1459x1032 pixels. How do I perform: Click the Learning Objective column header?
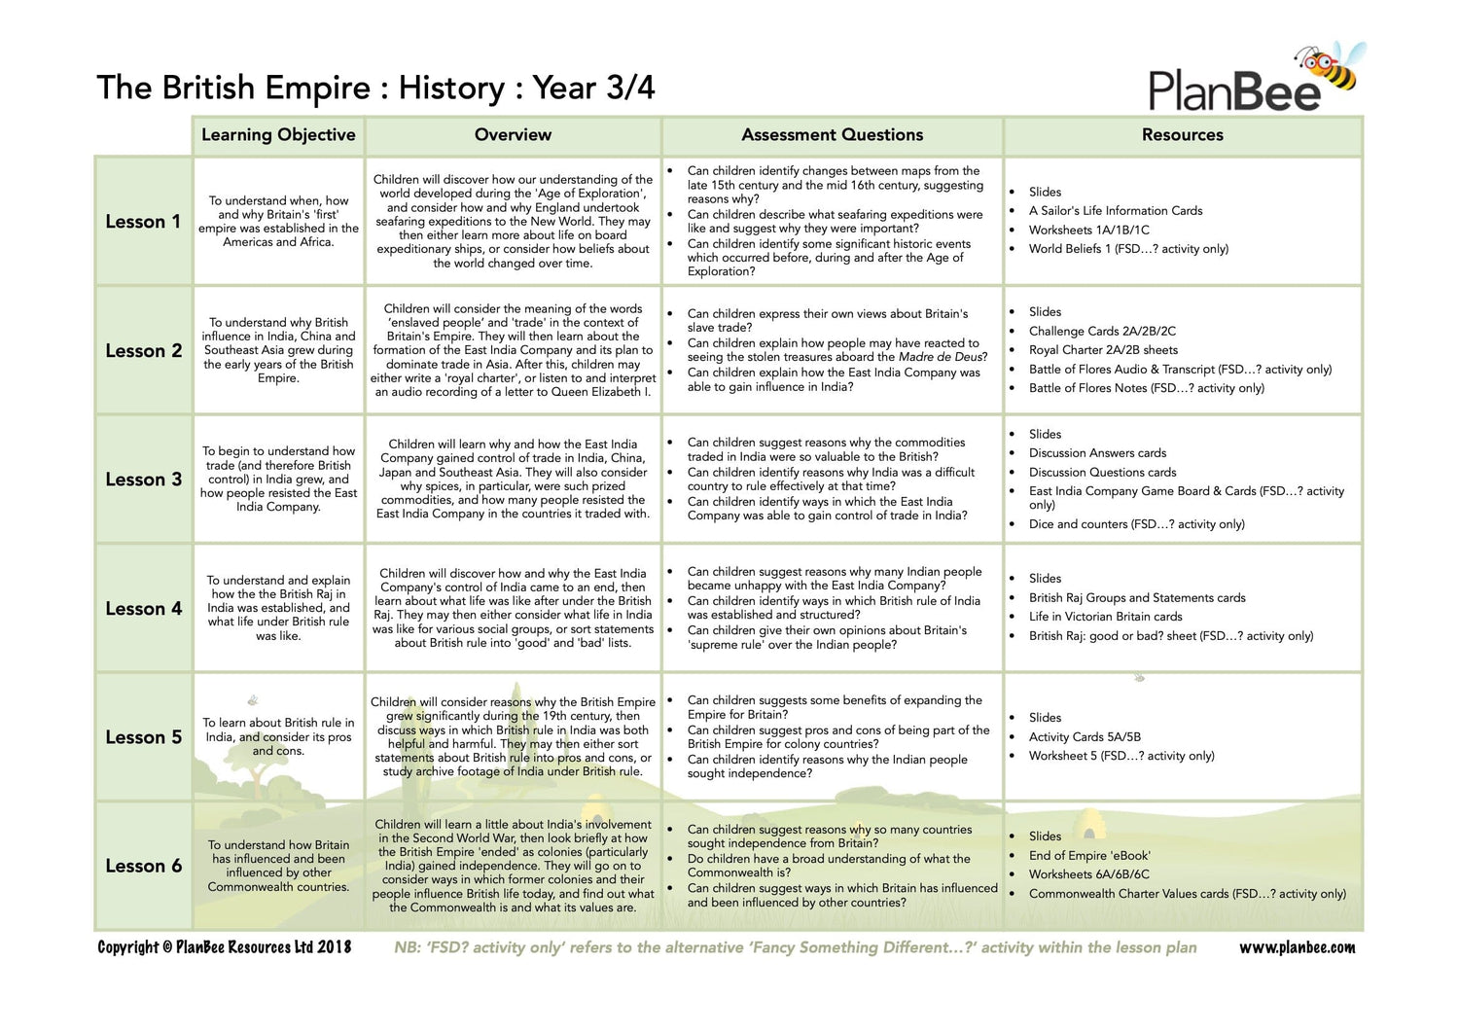(x=278, y=135)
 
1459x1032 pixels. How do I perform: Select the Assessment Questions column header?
(x=832, y=135)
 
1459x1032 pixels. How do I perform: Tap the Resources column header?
(x=1182, y=135)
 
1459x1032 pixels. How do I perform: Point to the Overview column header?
(x=513, y=135)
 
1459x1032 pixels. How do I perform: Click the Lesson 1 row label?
(x=143, y=222)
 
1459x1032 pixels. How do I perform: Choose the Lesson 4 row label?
(x=143, y=609)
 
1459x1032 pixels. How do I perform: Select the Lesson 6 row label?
(x=143, y=867)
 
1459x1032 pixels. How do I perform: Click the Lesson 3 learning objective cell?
(x=278, y=479)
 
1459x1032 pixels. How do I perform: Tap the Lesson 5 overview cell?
(x=513, y=736)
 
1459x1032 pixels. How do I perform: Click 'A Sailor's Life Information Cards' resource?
(x=1116, y=211)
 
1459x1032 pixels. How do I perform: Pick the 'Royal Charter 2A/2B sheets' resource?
(x=1103, y=350)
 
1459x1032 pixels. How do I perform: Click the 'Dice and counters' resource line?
(x=1136, y=524)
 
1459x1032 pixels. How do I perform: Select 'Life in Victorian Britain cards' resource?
(x=1105, y=617)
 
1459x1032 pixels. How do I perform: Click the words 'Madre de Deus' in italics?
(x=942, y=357)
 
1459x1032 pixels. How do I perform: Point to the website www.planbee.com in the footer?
(x=1297, y=947)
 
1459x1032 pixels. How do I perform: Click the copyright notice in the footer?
(x=224, y=947)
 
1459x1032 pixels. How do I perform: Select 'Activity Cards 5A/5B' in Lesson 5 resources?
(x=1085, y=737)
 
